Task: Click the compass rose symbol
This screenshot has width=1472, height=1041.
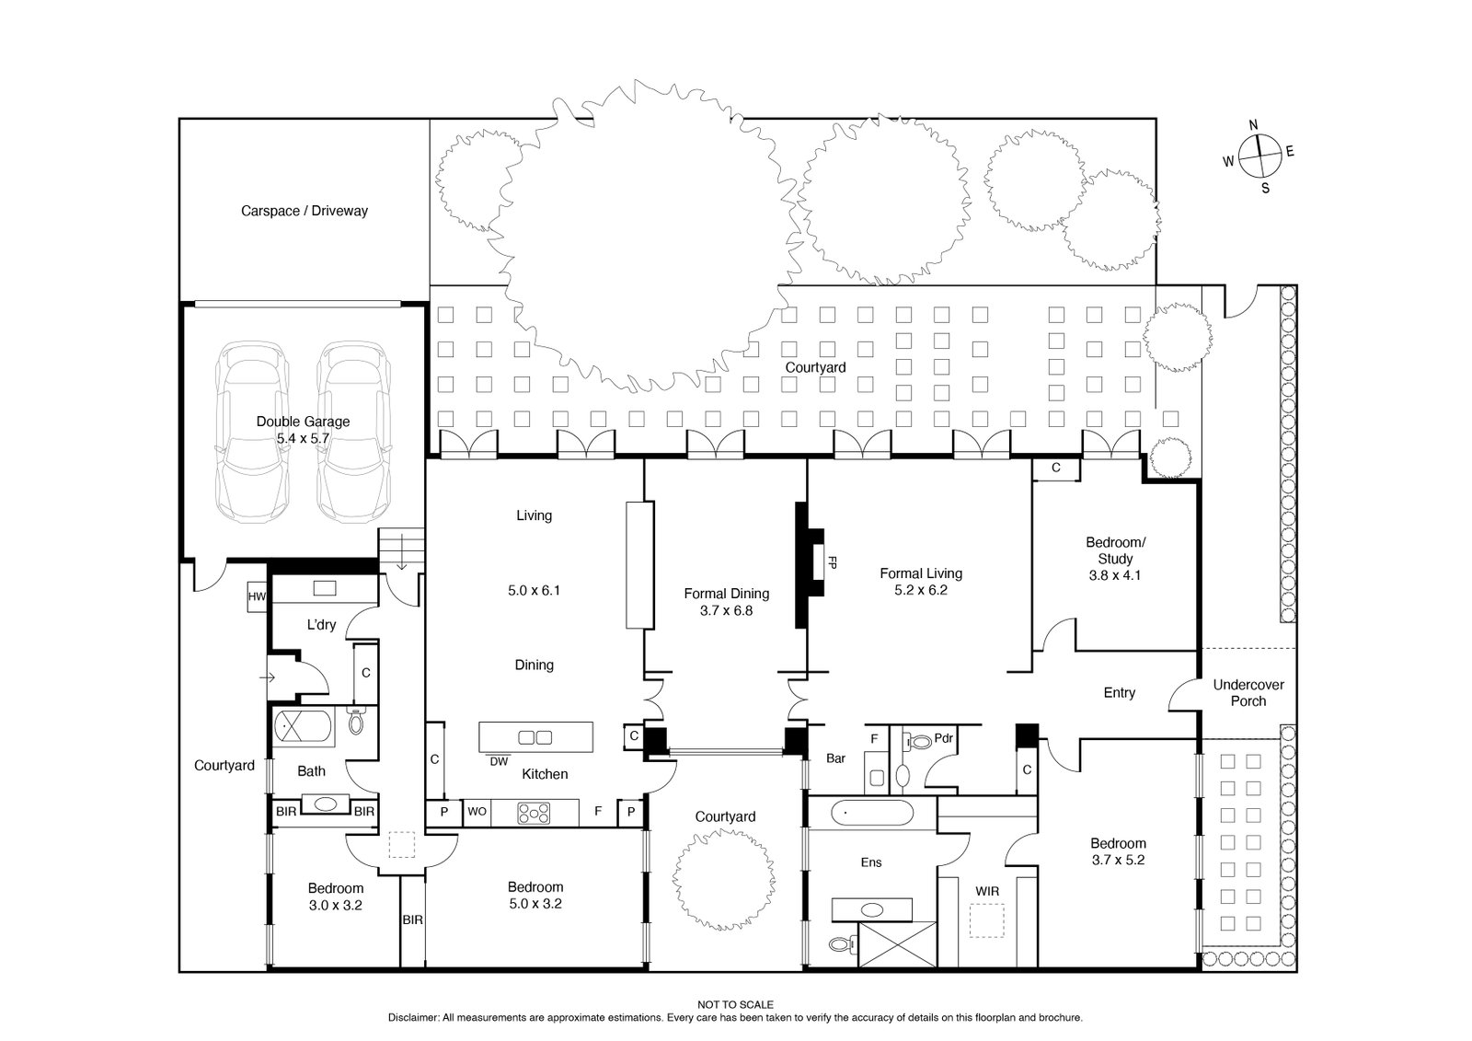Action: [1259, 157]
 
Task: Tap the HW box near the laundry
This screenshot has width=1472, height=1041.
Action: [257, 596]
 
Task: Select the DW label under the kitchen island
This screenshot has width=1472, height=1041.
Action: [498, 761]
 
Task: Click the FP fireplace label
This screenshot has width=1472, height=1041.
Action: [833, 561]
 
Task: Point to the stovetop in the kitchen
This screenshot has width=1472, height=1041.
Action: [534, 813]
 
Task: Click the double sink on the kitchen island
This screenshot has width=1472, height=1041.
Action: [535, 736]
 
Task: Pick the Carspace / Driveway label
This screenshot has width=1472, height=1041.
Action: [305, 211]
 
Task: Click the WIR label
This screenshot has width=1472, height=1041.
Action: [987, 891]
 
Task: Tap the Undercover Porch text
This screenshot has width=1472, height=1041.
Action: [1248, 693]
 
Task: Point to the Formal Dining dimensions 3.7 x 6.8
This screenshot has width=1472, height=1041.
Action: [725, 609]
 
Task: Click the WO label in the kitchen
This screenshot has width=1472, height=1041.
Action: [477, 812]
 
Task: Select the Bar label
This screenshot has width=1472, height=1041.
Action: [835, 759]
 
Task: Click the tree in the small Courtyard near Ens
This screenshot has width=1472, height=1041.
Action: [722, 885]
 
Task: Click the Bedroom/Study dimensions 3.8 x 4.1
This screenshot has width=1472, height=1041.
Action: [1115, 575]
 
